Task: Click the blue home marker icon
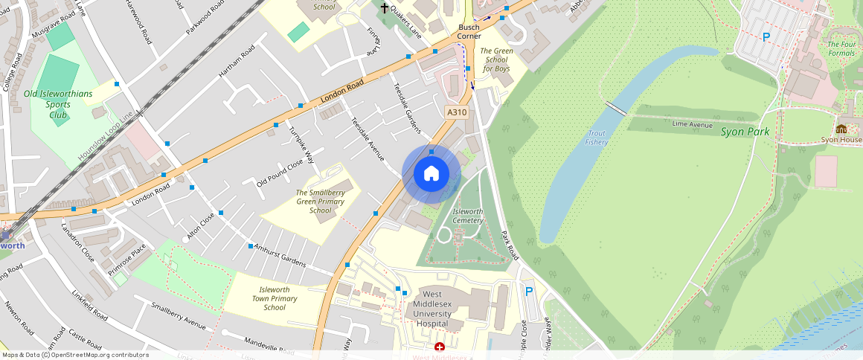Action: click(x=431, y=174)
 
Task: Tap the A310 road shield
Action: click(x=457, y=112)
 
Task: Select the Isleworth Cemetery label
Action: click(x=468, y=216)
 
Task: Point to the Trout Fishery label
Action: click(x=597, y=138)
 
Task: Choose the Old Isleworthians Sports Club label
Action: click(x=58, y=104)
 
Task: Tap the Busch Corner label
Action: click(x=469, y=31)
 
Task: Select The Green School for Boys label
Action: click(x=496, y=60)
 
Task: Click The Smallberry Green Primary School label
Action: click(x=320, y=202)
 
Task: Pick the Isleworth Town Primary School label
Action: click(x=274, y=298)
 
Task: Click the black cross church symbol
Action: click(x=385, y=8)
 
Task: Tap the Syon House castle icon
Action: click(x=841, y=129)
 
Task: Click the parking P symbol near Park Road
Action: click(x=529, y=292)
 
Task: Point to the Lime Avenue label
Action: click(x=693, y=125)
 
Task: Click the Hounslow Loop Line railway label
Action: click(x=104, y=139)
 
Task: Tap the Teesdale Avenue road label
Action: click(x=367, y=139)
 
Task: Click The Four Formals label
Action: click(x=841, y=48)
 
